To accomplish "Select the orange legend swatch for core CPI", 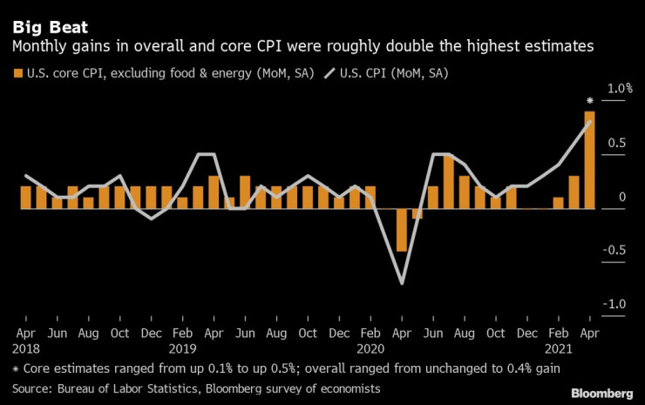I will pos(18,73).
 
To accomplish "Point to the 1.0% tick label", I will pos(620,89).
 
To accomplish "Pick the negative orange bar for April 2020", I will pos(402,230).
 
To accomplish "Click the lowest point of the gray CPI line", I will pos(402,283).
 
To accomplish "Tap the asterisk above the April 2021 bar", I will pos(590,101).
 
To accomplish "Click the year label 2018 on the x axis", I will pos(26,348).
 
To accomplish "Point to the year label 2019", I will pos(182,348).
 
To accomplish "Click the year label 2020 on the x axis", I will pos(370,348).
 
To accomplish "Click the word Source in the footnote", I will pos(32,387).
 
